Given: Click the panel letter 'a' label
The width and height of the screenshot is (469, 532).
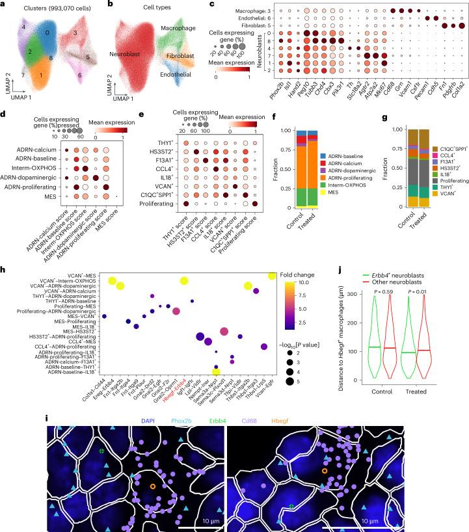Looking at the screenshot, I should (x=4, y=5).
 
